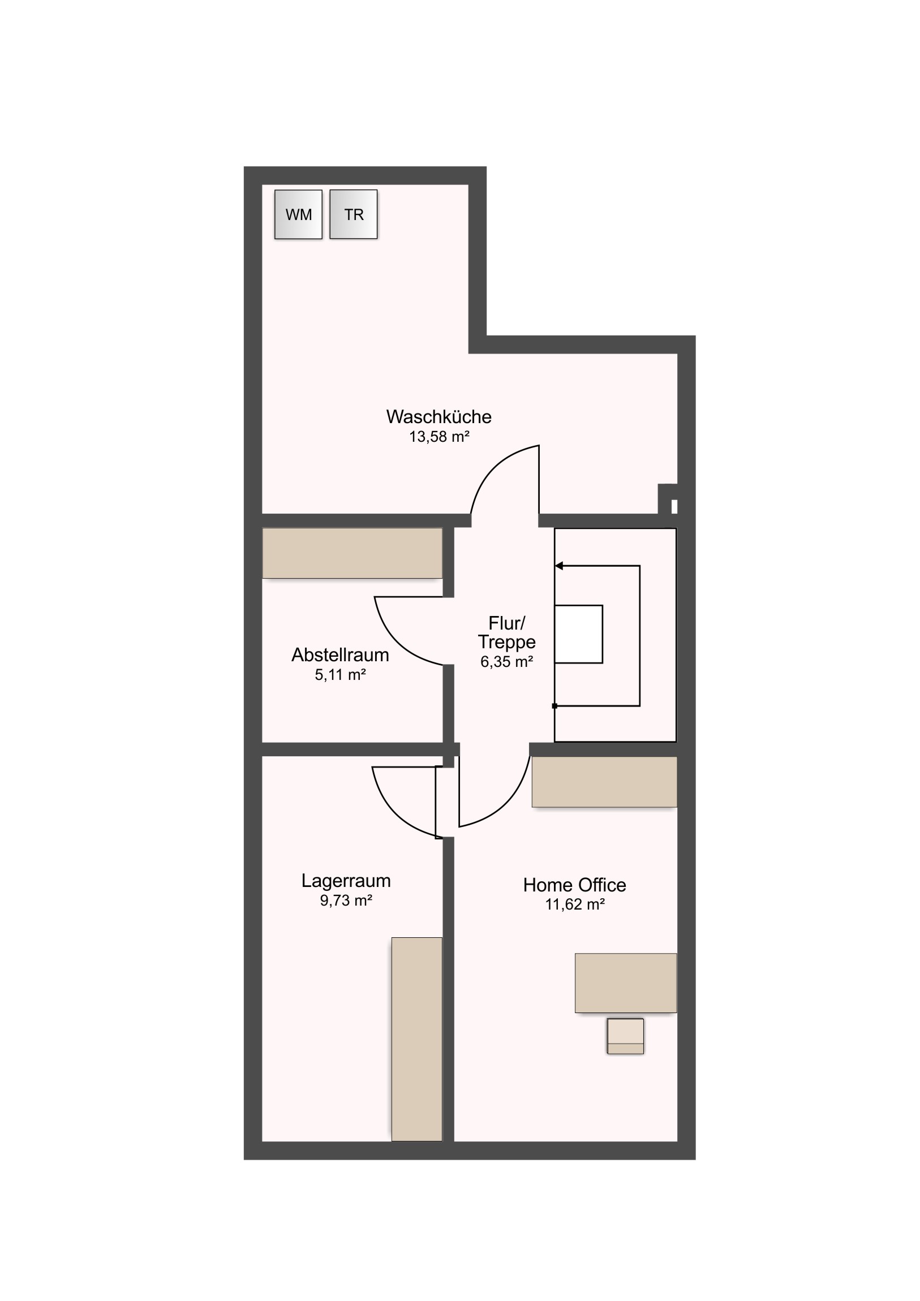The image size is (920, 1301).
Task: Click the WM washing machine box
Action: (298, 214)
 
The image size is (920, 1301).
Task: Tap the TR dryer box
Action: (354, 214)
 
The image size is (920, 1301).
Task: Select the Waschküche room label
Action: (438, 417)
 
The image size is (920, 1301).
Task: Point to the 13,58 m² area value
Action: (439, 437)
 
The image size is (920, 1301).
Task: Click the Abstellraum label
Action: (340, 655)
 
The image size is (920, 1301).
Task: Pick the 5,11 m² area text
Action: (340, 675)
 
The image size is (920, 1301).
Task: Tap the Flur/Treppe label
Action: (507, 632)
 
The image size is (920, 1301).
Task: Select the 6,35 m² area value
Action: (507, 662)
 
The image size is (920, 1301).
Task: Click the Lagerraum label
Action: (346, 881)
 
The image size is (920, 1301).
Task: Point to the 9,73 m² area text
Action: (346, 901)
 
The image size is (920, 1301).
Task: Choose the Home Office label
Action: (574, 885)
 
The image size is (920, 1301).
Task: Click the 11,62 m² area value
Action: (575, 904)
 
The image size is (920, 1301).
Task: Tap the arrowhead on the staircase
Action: (558, 566)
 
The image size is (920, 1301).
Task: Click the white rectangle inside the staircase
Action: (578, 634)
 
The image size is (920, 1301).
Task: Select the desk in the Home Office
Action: (626, 983)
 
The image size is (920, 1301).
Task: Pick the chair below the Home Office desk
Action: (625, 1036)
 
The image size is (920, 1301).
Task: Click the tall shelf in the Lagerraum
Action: (416, 1039)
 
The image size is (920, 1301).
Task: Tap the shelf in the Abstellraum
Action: (352, 553)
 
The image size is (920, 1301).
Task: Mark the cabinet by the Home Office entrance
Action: (604, 782)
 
